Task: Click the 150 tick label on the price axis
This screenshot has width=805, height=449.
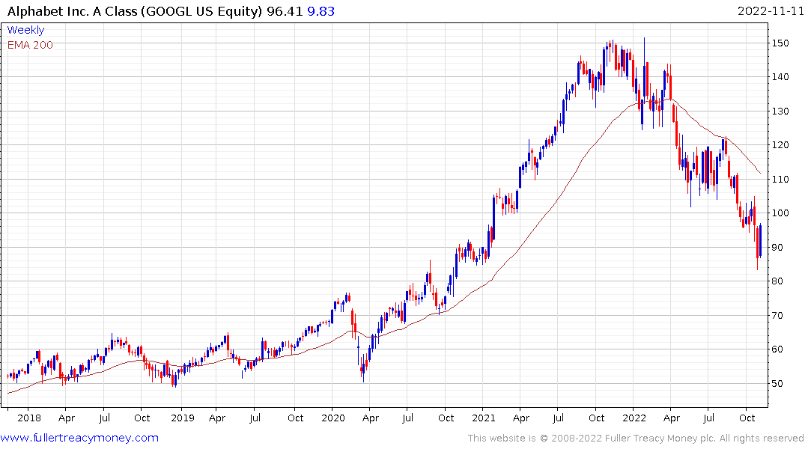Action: (783, 43)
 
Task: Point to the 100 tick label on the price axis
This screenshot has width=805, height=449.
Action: (783, 213)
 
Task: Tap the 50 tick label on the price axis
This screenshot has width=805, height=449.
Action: (780, 384)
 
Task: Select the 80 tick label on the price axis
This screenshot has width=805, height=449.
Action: (780, 281)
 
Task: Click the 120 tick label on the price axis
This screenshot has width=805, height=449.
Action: (783, 145)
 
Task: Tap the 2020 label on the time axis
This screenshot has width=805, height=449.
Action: (333, 418)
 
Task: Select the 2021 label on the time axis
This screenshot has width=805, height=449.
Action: (484, 418)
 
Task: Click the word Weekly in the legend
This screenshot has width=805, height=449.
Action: (25, 30)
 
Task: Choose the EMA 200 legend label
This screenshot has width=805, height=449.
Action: (30, 44)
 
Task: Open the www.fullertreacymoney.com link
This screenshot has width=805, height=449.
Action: (79, 438)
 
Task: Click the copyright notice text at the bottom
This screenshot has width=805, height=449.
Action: (636, 438)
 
